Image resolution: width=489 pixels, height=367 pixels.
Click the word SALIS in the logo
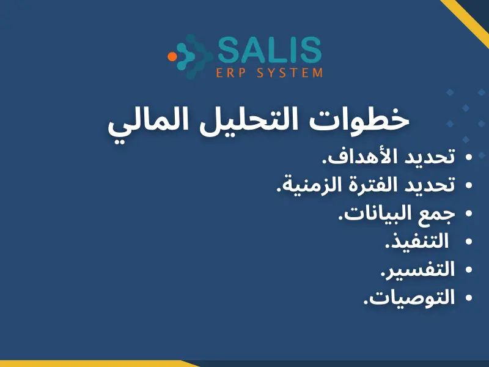click(269, 50)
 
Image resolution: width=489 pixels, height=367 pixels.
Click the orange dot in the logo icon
click(172, 56)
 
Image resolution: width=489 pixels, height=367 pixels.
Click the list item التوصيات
click(410, 297)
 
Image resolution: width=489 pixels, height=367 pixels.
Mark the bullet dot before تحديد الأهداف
click(469, 158)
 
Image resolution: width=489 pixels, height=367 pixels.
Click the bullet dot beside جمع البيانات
click(469, 213)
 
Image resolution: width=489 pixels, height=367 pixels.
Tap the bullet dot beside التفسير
click(469, 269)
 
